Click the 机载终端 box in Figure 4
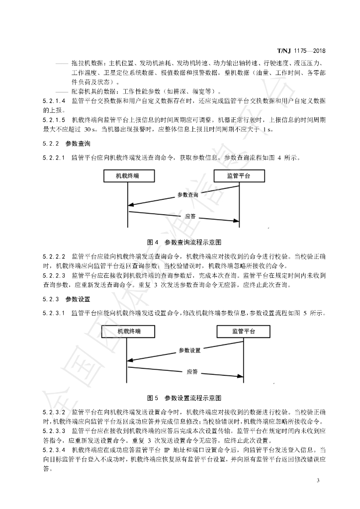(x=128, y=175)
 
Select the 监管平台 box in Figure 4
(x=239, y=175)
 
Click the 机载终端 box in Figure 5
(x=128, y=332)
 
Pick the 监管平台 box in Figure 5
(x=244, y=332)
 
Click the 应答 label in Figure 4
(x=189, y=216)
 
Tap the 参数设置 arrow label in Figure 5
(x=189, y=350)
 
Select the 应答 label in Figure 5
(x=192, y=371)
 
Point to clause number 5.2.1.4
(x=54, y=101)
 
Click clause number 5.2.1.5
(x=54, y=120)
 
